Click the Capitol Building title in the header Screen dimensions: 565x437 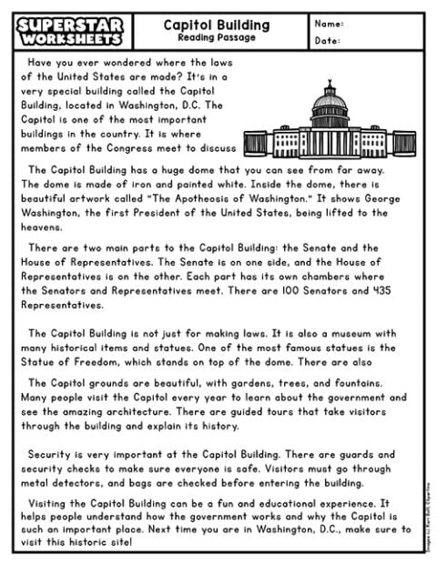tap(216, 25)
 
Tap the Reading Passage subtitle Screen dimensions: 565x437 tap(216, 37)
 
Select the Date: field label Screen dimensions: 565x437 tap(327, 41)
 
